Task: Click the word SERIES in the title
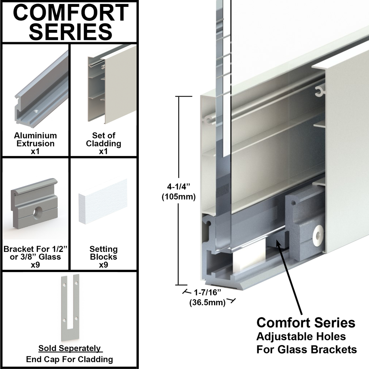71,31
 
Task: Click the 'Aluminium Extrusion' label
35,139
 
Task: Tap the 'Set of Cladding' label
103,139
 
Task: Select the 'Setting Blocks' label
103,253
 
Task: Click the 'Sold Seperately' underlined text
70,348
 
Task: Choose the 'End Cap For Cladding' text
70,359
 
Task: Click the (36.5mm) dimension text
207,303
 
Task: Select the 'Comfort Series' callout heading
306,322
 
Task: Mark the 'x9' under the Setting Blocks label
103,265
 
